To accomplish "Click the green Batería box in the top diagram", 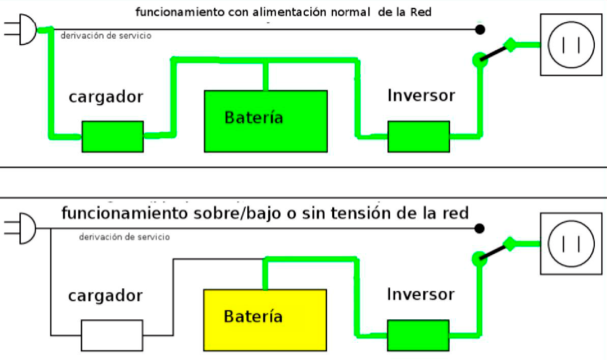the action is click(266, 121).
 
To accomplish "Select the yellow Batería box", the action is click(265, 320).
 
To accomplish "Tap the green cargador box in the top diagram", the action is click(112, 136).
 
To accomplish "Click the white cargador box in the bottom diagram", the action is click(112, 335).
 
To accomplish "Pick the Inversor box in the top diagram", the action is click(418, 136).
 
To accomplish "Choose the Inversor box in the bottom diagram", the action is click(418, 335).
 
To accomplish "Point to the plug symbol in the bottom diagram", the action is click(20, 228).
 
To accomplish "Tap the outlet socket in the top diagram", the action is click(571, 45).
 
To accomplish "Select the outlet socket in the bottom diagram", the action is click(571, 244).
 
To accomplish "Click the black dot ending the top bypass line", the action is click(480, 29).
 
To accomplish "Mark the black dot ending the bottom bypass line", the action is click(480, 228).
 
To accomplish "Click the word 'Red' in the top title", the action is click(421, 12).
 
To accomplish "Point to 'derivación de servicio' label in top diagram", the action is click(106, 36).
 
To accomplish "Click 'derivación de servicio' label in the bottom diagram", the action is click(124, 236).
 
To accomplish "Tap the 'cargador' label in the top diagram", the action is click(106, 97).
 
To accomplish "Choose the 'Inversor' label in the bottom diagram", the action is click(421, 294).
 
